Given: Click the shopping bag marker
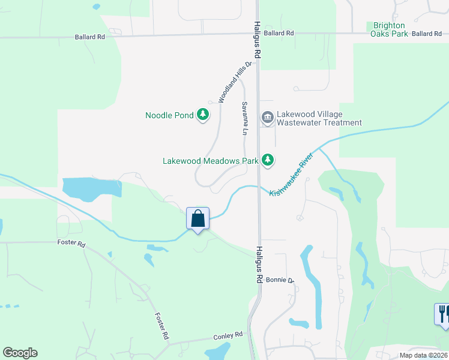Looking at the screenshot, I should coord(198,220).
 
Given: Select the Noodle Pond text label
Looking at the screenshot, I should coord(170,115).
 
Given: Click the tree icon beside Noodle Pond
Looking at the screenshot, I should coord(203,114).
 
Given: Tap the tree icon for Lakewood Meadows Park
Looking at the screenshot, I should coord(268,160).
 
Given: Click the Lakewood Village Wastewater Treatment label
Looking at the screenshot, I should coord(319,118).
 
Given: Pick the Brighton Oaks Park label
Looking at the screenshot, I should coord(390,29).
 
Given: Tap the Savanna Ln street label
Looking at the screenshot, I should coord(245,118).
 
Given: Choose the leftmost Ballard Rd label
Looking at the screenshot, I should coord(90,37).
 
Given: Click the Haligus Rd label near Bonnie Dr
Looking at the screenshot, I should coord(259,265).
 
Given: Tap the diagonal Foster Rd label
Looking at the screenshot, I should coord(160,327).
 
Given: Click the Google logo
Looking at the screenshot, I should coord(20,353).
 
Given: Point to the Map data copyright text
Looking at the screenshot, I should coord(424,355).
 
